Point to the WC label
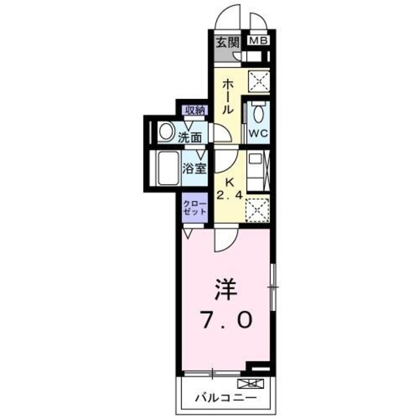pos(257,131)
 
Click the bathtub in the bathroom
pos(166,169)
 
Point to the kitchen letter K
pos(229,182)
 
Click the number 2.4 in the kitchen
pos(228,194)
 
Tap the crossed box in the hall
pos(257,83)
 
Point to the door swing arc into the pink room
pos(223,241)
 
